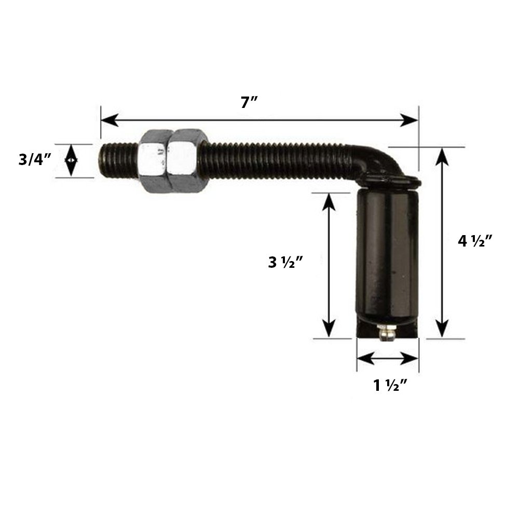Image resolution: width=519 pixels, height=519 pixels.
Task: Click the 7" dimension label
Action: pos(249,102)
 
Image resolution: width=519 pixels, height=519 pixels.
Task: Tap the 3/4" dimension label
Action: pos(35,160)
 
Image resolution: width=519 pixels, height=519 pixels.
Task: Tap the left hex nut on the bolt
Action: pos(155,160)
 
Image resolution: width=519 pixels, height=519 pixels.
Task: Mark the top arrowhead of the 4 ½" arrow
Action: pos(442,155)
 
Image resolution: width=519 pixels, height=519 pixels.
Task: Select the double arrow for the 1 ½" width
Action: pos(388,358)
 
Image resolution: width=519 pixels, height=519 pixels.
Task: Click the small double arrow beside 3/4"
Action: pos(71,160)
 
